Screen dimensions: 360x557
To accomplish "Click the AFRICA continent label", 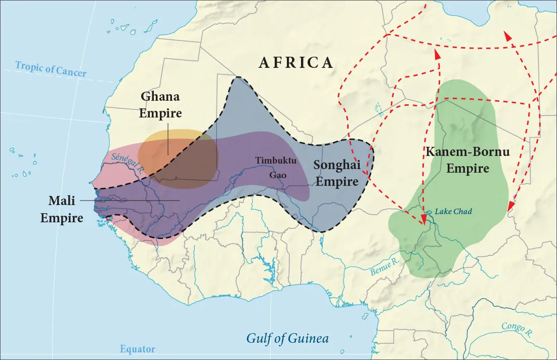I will pos(296,62).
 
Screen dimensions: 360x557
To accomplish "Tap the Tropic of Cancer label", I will pos(51,69).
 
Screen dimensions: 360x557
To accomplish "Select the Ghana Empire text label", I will pos(160,105).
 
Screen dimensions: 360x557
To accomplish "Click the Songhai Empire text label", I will pos(336,173).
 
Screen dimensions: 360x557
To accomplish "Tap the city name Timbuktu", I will pos(274,161).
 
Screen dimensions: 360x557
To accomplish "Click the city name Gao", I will pos(278,174).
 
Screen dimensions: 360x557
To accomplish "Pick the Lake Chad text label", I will pos(453,212).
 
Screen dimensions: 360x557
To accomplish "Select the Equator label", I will pos(138,349).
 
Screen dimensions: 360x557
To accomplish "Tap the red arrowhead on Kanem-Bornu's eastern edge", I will pos(511,206).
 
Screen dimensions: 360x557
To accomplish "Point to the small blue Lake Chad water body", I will pos(429,213).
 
